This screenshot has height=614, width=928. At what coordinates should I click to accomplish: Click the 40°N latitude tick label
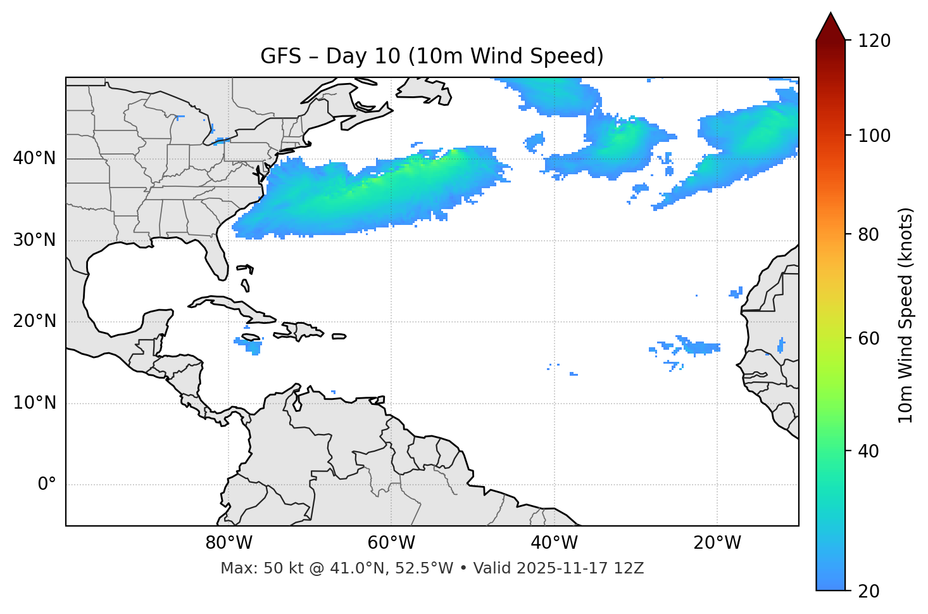pos(34,158)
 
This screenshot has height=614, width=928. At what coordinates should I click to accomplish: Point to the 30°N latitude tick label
pos(34,240)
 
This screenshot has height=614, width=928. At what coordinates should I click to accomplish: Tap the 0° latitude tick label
pos(46,485)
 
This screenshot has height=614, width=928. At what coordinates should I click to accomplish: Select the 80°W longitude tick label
pos(229,543)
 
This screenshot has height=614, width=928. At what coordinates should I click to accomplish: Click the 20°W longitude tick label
pos(717,543)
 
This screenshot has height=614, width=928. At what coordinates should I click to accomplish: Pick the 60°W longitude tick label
pos(391,543)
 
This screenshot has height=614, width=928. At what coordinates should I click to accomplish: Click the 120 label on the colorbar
pos(874,41)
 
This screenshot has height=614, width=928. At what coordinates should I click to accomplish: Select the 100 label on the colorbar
pos(874,136)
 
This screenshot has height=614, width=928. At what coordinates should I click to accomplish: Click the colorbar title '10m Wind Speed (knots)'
pos(906,316)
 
